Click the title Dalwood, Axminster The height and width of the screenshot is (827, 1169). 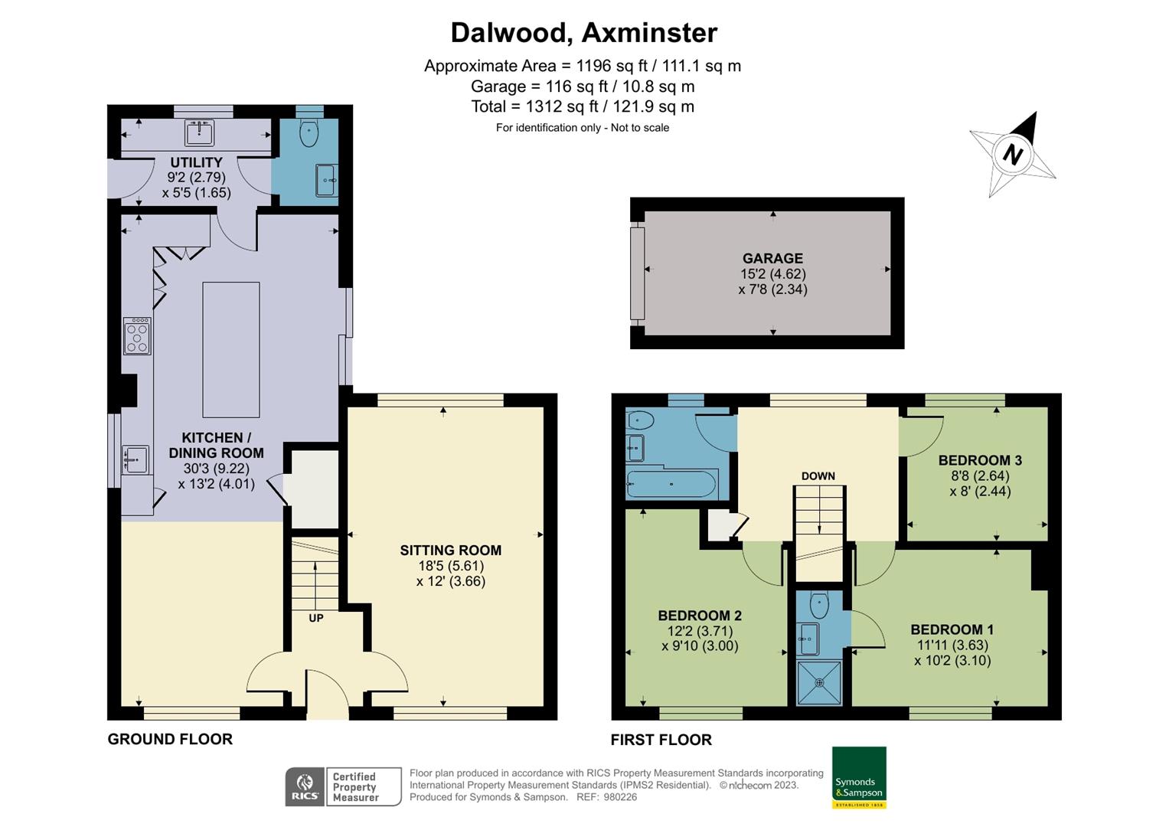[583, 33]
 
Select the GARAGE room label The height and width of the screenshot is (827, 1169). [772, 258]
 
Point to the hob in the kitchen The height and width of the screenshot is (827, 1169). [137, 336]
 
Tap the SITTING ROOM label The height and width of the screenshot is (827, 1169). [450, 550]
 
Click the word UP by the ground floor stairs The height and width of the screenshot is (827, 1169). [315, 618]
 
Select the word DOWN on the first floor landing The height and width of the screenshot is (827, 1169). [818, 476]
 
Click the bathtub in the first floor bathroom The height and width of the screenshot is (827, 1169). [671, 484]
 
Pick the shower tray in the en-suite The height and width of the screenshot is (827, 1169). [819, 682]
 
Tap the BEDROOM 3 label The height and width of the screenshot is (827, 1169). [980, 460]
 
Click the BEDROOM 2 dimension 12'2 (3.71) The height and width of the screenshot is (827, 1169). [700, 631]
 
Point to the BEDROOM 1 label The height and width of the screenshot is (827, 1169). [952, 629]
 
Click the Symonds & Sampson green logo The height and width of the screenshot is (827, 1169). [859, 776]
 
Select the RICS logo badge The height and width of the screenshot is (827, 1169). [305, 786]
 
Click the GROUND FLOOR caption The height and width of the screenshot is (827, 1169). [170, 739]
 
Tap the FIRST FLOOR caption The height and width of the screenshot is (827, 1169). [661, 740]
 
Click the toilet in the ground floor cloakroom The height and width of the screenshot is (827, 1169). [309, 132]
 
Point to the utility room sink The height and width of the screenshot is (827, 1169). [200, 133]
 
